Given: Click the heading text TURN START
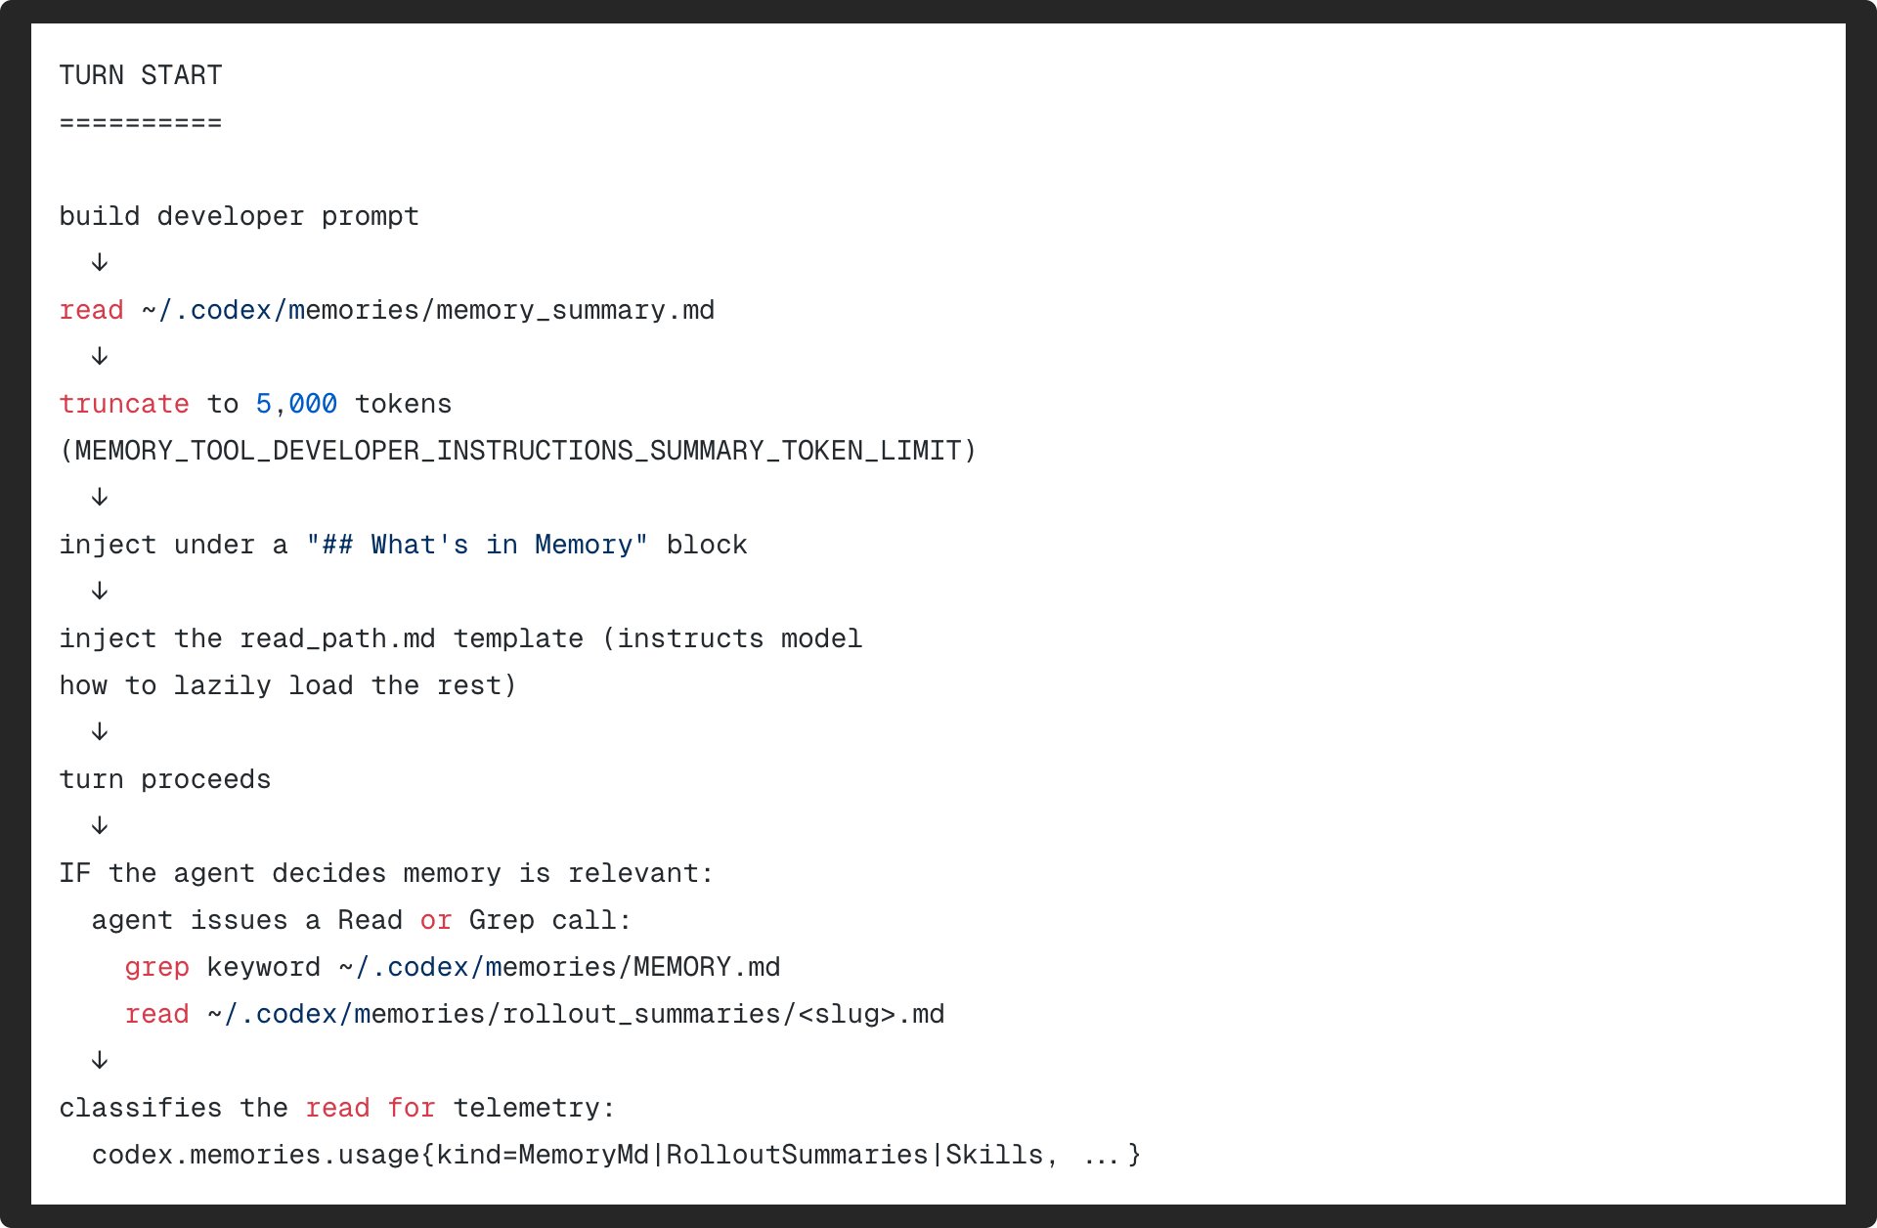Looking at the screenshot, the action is click(141, 75).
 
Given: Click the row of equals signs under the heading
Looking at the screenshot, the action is click(141, 122).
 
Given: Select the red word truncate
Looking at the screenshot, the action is click(124, 404).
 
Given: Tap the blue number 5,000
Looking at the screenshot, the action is click(296, 404).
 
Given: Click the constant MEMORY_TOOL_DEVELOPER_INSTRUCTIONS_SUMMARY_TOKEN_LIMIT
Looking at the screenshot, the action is click(518, 451).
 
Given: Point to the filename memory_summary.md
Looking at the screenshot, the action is click(575, 310).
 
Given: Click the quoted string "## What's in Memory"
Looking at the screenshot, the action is click(477, 545).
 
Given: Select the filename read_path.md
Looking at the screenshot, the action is click(337, 638).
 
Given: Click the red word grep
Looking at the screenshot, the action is click(156, 967).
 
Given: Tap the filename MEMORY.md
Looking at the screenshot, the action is click(707, 967).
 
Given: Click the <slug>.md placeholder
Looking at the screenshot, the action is click(871, 1014).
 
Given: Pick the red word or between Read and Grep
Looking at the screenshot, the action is click(436, 921).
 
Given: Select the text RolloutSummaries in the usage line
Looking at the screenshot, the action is click(797, 1155).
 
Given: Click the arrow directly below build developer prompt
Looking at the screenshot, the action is click(100, 262).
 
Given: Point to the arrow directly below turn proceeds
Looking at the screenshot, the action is click(100, 825).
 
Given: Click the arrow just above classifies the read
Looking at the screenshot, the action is click(100, 1060).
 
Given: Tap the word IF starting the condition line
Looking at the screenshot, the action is click(75, 873).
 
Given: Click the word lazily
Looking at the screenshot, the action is click(223, 685).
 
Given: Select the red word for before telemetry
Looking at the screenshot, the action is click(412, 1108).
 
